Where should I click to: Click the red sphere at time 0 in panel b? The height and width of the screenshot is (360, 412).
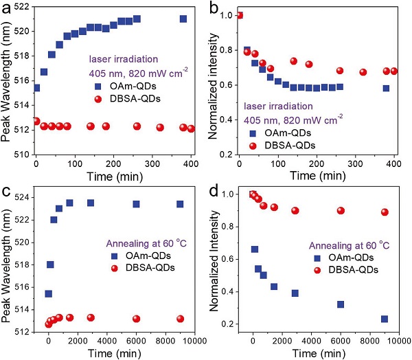(239, 15)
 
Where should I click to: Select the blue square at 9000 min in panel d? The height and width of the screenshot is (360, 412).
(385, 319)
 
